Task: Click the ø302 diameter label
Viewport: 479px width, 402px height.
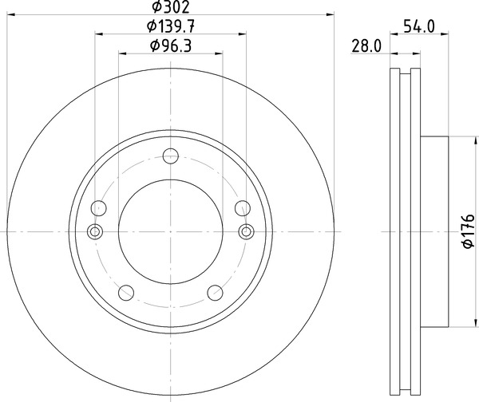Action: point(171,7)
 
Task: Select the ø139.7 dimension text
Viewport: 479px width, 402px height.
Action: point(171,26)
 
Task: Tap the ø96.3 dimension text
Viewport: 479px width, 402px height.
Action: point(171,46)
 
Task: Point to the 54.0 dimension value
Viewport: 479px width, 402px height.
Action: point(419,26)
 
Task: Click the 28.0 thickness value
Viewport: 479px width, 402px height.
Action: point(366,46)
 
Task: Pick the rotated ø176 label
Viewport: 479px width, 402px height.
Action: point(469,231)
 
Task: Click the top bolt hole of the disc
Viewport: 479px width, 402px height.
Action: point(171,156)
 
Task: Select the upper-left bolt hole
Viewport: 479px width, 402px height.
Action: point(99,208)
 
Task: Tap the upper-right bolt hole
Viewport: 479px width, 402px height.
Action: point(243,208)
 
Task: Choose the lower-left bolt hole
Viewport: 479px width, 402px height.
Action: point(126,293)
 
